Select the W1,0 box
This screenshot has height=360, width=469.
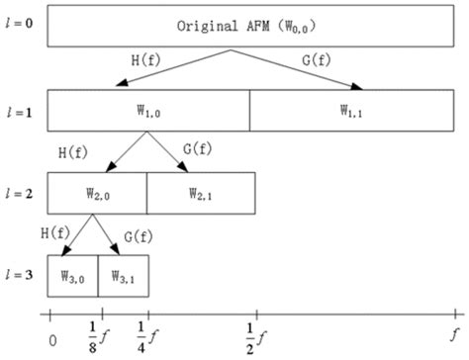pyautogui.click(x=147, y=111)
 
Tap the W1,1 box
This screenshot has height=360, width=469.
pyautogui.click(x=352, y=111)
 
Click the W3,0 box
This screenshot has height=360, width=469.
pyautogui.click(x=72, y=272)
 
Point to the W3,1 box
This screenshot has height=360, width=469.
pyautogui.click(x=124, y=272)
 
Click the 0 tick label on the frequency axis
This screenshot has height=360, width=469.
pyautogui.click(x=52, y=338)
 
